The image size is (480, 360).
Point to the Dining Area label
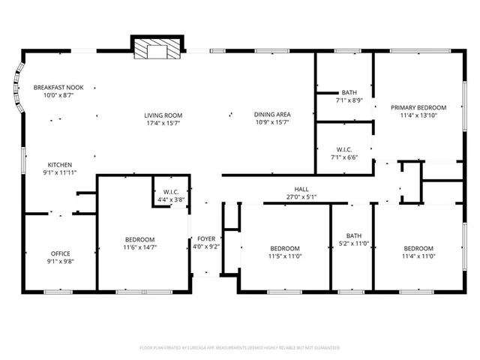[271, 114]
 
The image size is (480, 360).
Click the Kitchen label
[60, 164]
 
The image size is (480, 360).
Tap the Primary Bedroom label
[418, 107]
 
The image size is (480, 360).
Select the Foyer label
[206, 238]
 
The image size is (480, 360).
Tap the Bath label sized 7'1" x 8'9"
[349, 92]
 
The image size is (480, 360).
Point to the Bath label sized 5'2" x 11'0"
[353, 235]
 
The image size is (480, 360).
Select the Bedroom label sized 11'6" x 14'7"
[140, 239]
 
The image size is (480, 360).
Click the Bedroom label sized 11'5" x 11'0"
[285, 248]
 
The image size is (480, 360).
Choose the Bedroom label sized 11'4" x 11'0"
[418, 248]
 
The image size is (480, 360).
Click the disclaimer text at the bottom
[240, 347]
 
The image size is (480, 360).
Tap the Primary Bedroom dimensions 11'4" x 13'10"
[418, 115]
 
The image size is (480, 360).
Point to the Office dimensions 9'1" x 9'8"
[60, 262]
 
